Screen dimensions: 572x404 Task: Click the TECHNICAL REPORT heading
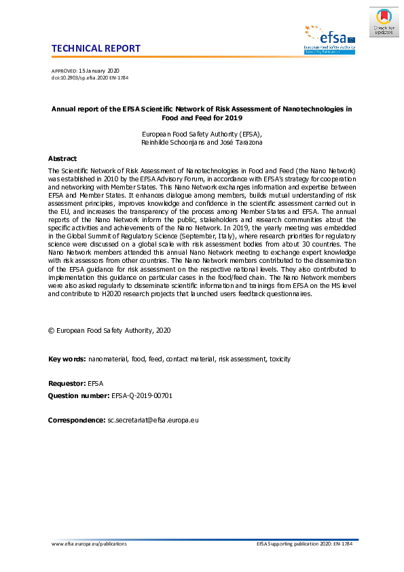[x=96, y=48]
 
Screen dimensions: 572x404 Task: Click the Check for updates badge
[x=384, y=22]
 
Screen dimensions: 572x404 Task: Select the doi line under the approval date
[x=90, y=78]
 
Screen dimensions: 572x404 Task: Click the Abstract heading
[x=62, y=158]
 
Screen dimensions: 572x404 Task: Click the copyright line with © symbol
[x=109, y=330]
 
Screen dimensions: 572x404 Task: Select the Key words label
[x=67, y=359]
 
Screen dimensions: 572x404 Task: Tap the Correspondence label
[x=76, y=421]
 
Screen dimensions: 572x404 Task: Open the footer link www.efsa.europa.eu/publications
[x=89, y=544]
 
